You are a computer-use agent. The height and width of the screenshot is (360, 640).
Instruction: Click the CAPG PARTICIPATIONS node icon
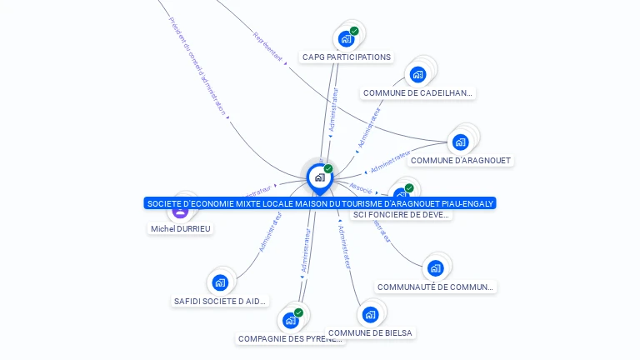click(x=346, y=38)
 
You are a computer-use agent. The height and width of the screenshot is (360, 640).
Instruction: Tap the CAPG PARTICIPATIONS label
click(x=346, y=57)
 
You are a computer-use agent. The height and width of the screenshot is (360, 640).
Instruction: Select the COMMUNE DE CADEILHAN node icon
click(x=417, y=75)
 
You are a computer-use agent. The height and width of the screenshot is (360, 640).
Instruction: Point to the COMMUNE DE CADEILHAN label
click(x=418, y=93)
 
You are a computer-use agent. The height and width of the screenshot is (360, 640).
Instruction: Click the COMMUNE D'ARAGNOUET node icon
click(x=460, y=142)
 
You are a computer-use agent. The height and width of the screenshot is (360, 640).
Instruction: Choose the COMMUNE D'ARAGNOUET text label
click(x=461, y=160)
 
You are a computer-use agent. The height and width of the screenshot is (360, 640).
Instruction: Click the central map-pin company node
click(x=319, y=177)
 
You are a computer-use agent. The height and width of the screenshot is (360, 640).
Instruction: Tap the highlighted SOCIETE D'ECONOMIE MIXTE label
click(x=320, y=203)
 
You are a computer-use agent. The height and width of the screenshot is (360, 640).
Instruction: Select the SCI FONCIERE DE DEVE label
click(x=402, y=215)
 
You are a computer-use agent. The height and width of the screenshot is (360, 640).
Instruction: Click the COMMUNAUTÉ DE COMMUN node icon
click(x=435, y=268)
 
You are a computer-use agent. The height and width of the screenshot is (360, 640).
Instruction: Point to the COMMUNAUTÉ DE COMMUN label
click(x=436, y=287)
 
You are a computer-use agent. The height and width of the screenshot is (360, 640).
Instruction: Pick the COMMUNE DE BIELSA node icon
click(x=370, y=314)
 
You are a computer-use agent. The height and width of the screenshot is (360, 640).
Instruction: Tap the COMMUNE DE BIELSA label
click(x=370, y=332)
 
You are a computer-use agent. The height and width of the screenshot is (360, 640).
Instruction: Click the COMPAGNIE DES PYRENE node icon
click(x=290, y=320)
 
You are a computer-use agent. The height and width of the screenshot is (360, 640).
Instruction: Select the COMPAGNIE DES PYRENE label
click(x=290, y=339)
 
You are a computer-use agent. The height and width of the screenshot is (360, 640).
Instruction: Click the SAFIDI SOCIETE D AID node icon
click(x=220, y=282)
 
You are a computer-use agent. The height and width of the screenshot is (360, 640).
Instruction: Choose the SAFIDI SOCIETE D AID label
click(x=220, y=301)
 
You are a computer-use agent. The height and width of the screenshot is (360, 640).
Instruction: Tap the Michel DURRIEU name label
click(x=181, y=228)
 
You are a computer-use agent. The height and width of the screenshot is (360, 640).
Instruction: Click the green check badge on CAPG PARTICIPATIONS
click(x=354, y=31)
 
